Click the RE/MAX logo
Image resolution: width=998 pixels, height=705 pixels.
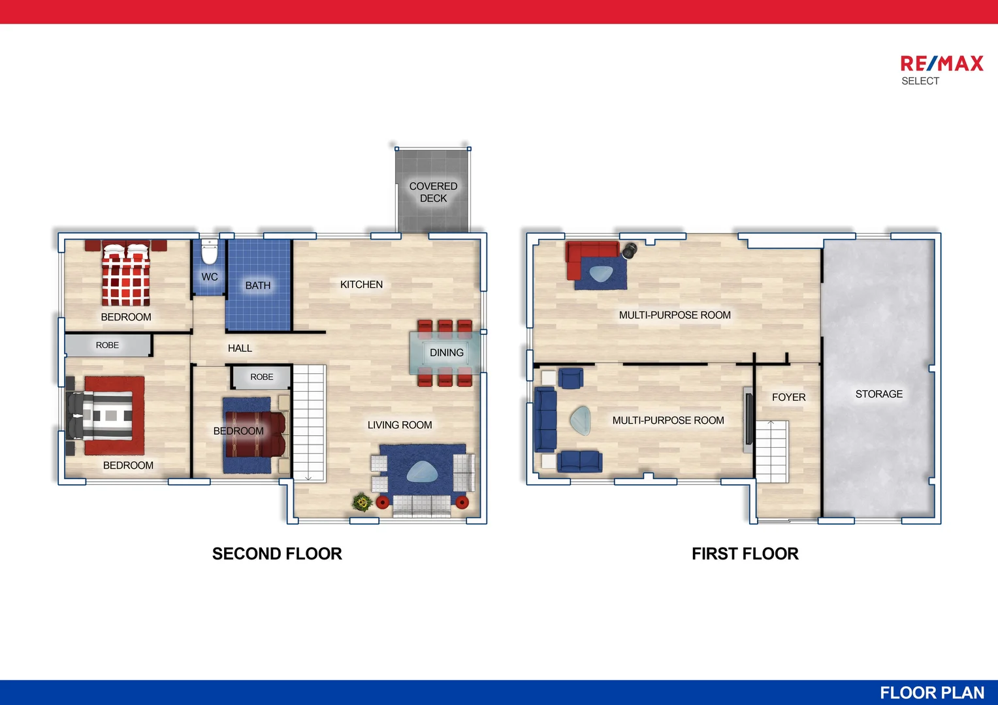coord(941,64)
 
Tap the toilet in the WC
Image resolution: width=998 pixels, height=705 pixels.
coord(209,252)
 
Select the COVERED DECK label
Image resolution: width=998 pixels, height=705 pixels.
coord(433,192)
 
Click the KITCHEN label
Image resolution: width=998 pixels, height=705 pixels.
coord(361,285)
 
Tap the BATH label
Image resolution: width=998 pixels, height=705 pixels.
coord(258,285)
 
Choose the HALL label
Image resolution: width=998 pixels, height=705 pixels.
coord(240,349)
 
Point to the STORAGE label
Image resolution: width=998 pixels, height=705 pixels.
coord(879,394)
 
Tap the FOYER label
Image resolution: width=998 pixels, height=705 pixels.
coord(788,397)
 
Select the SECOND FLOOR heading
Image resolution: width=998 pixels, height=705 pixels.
coord(277,554)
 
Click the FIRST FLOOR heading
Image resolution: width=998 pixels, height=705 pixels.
coord(745,554)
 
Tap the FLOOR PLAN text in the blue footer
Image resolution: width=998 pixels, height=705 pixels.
coord(932,693)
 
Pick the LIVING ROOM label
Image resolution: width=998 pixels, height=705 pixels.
coord(400,425)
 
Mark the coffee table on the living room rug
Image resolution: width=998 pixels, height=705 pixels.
coord(422,472)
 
